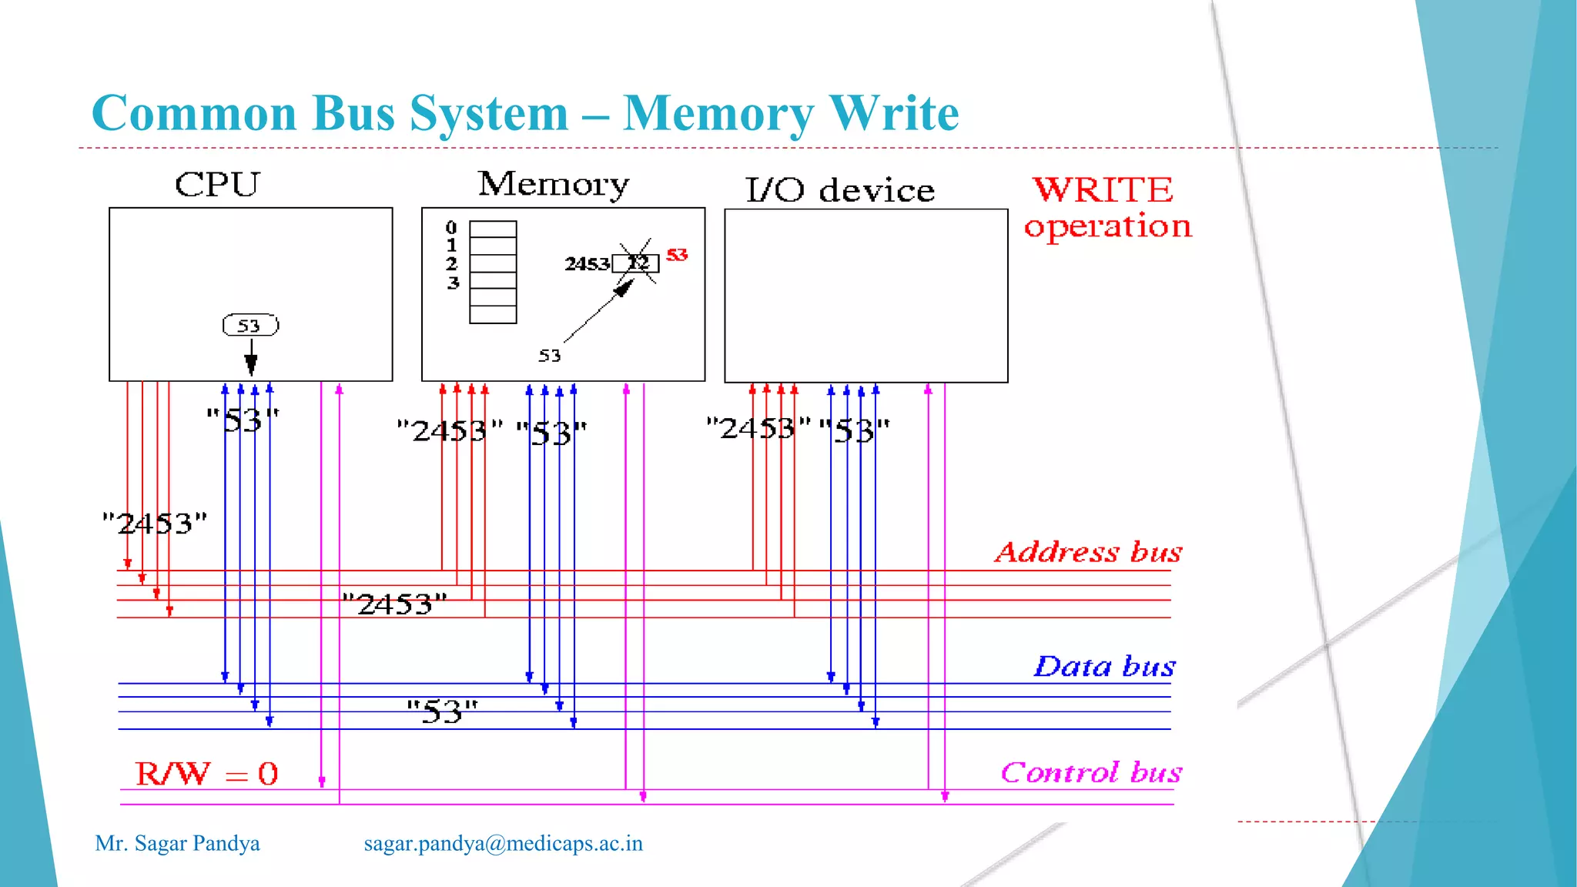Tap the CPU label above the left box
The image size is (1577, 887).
coord(217,185)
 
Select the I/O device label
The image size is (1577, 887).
coord(839,190)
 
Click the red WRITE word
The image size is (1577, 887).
coord(1103,189)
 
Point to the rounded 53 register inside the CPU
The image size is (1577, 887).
coord(250,326)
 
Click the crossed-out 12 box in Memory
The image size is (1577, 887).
coord(636,263)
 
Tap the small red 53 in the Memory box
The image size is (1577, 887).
coord(677,255)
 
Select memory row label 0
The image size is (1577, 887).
coord(451,228)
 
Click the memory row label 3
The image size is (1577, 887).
coord(453,283)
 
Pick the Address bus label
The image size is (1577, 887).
coord(1088,552)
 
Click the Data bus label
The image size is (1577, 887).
coord(1104,666)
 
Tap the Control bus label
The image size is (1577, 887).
coord(1091,772)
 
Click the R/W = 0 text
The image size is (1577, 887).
coord(206,774)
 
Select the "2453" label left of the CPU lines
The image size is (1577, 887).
coord(155,524)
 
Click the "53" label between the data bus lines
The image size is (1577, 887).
coord(442,711)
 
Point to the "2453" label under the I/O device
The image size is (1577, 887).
coord(758,428)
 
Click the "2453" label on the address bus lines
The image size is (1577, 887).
coord(394,604)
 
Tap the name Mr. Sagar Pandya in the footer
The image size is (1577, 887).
coord(177,844)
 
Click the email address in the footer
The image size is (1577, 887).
coord(503,844)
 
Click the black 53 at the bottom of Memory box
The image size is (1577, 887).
coord(549,356)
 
